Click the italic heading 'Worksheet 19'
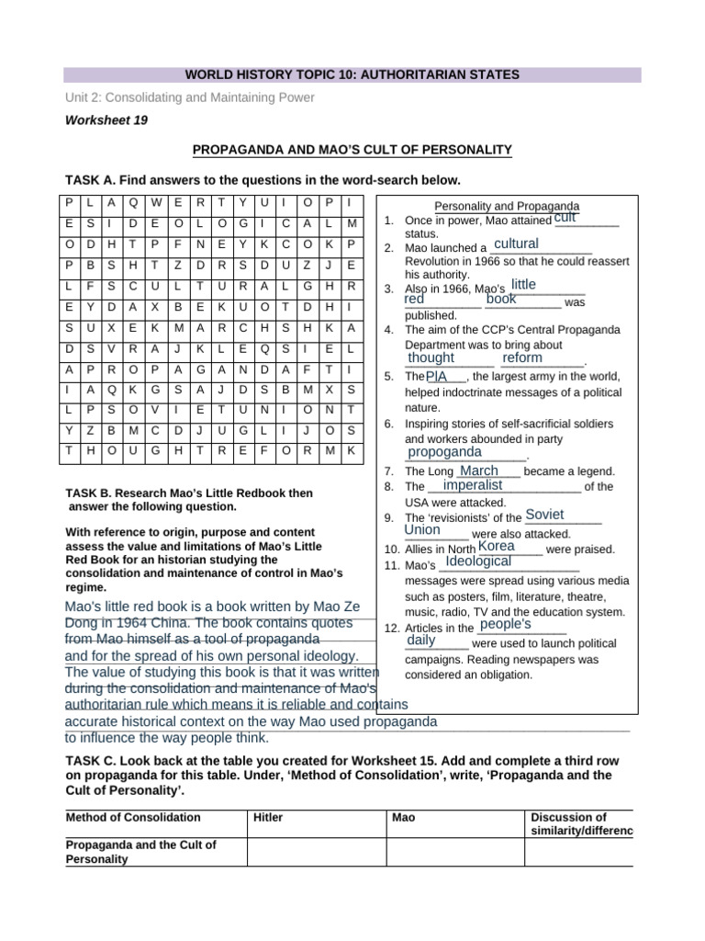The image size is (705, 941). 106,120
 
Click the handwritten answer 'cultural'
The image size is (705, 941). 515,244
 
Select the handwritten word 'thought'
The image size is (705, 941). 431,357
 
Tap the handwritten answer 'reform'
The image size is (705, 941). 522,357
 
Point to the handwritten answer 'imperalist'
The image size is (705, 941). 472,484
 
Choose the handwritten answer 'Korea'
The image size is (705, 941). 497,546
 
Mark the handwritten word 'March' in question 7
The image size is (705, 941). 478,470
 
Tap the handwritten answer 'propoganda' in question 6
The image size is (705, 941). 444,452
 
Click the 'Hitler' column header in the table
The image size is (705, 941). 268,817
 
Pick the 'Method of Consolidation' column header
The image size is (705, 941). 133,817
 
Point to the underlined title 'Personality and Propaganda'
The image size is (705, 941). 506,206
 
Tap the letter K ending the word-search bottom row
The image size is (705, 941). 350,450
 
